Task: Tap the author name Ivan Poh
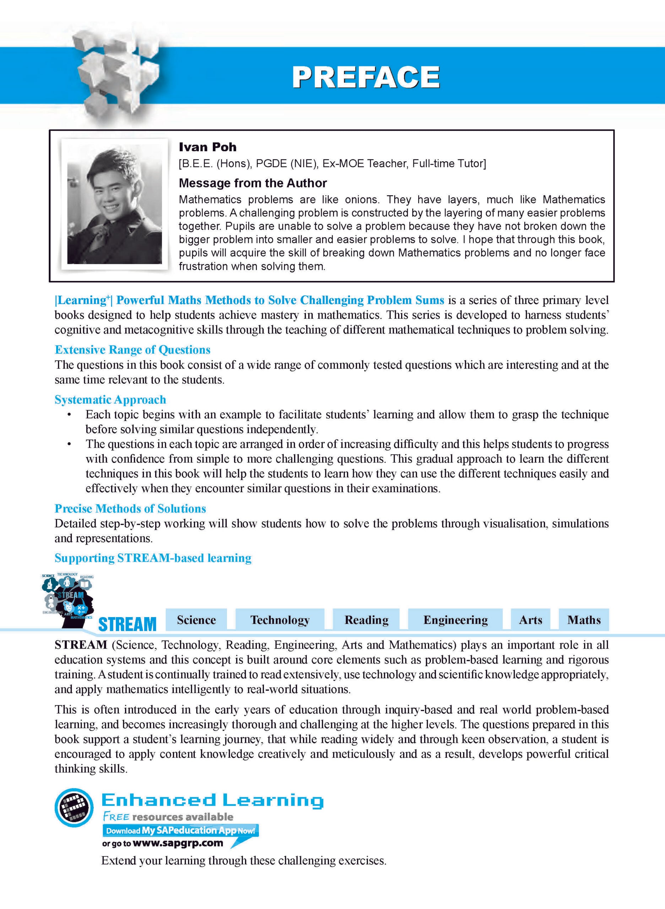[207, 147]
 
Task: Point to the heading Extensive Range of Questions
[133, 350]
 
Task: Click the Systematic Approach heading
[110, 399]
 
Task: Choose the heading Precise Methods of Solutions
[130, 508]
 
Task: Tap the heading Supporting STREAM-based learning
[153, 558]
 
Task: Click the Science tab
[196, 620]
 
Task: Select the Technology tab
[280, 620]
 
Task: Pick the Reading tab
[366, 620]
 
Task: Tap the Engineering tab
[455, 620]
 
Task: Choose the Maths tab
[584, 620]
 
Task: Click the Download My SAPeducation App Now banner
[180, 831]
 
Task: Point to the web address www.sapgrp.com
[178, 843]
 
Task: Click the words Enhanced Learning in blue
[212, 800]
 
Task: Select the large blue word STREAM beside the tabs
[127, 624]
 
